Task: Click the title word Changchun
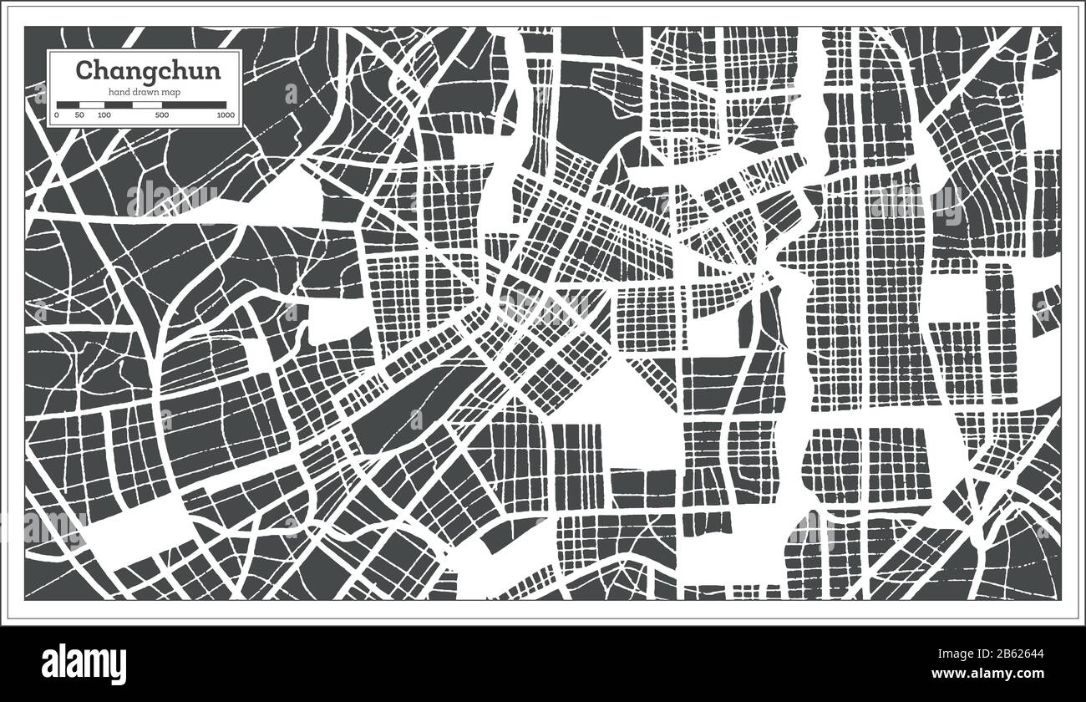(x=149, y=70)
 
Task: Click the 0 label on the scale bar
(x=57, y=114)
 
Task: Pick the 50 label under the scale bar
(x=79, y=114)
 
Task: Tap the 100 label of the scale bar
(x=104, y=114)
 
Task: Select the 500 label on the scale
(x=162, y=114)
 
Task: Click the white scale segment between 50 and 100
(x=92, y=104)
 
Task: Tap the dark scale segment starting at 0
(x=68, y=104)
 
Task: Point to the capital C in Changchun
(x=84, y=70)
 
